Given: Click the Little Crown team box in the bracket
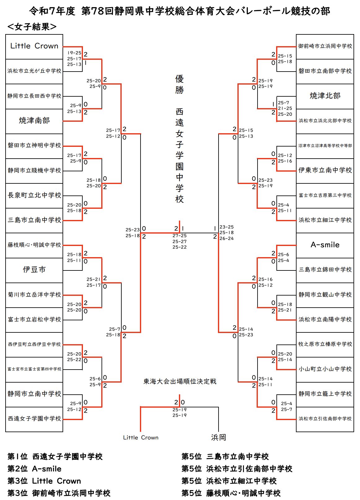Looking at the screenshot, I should (34, 46).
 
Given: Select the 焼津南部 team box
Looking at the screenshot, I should (34, 121).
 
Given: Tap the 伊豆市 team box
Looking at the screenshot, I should (34, 270).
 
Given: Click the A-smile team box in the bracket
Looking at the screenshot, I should (325, 245).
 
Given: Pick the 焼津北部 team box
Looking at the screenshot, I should (325, 96).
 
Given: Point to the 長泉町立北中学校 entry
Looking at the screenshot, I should (34, 195).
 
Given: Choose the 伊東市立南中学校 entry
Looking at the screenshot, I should (325, 170).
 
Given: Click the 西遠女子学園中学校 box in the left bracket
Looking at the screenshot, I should (34, 419).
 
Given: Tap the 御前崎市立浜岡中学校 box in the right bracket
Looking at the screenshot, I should (325, 46).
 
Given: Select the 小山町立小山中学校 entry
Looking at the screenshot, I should (325, 369).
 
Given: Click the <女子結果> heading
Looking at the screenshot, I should (32, 27).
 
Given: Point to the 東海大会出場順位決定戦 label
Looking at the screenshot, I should (180, 381).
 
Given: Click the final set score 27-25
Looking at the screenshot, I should (180, 236).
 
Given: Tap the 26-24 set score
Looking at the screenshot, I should (227, 239).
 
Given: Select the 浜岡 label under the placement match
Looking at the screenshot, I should (219, 437).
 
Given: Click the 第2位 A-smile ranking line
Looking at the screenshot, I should (34, 469).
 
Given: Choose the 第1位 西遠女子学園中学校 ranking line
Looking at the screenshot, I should (55, 457).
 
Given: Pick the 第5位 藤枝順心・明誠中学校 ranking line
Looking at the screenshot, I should (231, 493).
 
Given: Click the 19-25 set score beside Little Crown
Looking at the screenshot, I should (74, 53).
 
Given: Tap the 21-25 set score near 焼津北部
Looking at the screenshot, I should (285, 108).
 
